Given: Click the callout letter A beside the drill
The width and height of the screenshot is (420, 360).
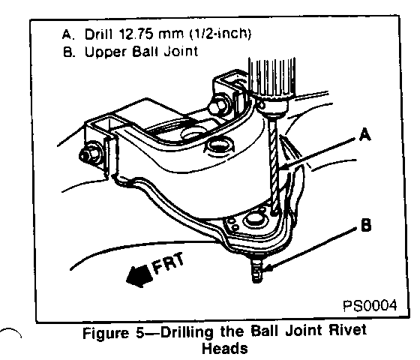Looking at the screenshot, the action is (x=364, y=134).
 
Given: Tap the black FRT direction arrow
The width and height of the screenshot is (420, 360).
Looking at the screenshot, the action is (x=139, y=276).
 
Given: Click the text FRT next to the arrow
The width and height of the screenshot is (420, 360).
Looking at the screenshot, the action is (x=168, y=263).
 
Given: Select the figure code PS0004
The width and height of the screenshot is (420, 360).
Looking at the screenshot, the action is (x=370, y=305).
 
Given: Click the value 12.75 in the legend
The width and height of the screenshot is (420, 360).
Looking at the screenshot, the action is (x=136, y=34).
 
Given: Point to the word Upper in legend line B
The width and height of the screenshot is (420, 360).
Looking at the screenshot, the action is (x=106, y=52).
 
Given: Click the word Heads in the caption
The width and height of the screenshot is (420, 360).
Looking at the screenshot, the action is (x=225, y=349).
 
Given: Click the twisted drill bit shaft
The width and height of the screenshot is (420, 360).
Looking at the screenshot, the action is (x=274, y=164).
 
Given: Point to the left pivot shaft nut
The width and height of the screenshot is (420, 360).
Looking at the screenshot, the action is (x=89, y=155).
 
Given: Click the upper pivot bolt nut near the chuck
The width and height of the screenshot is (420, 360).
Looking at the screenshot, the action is (x=218, y=106).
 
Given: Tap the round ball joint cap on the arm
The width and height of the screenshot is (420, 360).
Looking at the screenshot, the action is (x=253, y=219).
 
